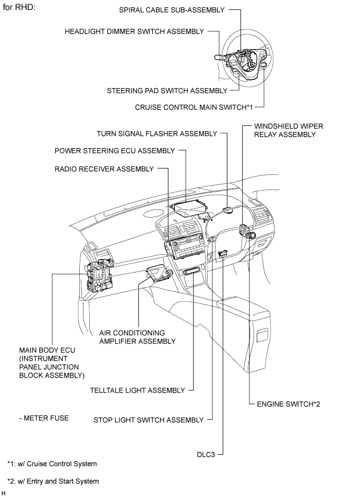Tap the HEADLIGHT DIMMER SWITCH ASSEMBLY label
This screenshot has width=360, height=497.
coord(134,31)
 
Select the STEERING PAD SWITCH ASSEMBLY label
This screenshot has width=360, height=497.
coord(167,90)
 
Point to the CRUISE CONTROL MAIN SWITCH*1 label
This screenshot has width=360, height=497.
coord(194,107)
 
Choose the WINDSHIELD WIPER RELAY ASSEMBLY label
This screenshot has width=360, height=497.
coord(284,130)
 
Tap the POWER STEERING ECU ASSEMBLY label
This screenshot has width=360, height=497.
coord(115,151)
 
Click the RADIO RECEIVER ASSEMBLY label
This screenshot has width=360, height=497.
coord(104,169)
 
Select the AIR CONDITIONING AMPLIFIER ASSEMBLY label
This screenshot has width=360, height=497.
coord(137,337)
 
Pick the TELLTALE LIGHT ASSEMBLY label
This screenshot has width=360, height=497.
coord(137,390)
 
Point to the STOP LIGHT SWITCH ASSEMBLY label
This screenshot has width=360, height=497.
coord(148,420)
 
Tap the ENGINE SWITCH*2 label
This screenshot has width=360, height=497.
coord(284,404)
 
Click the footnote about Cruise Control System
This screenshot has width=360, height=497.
coord(52,464)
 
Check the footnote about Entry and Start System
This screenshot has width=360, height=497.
coord(53,481)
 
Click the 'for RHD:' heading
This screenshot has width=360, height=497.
coord(19,9)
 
